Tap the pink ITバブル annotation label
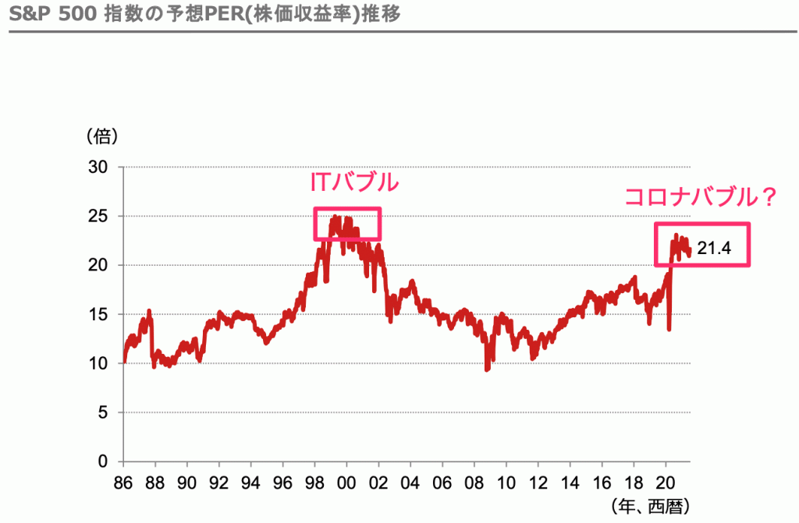click(x=354, y=184)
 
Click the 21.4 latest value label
click(x=713, y=249)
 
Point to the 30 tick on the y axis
click(x=100, y=167)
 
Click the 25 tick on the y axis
click(x=100, y=216)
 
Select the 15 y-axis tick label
click(x=100, y=314)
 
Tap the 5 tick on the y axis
click(x=104, y=412)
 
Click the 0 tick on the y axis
click(x=104, y=461)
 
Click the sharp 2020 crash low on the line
click(x=669, y=329)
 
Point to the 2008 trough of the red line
click(x=488, y=369)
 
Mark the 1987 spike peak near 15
click(x=148, y=311)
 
